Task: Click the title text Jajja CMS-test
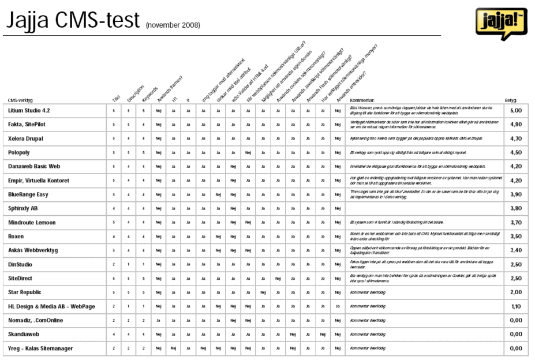(x=73, y=21)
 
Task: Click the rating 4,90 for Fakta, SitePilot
(x=516, y=124)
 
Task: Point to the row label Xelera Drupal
(x=27, y=138)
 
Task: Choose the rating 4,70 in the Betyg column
(x=516, y=138)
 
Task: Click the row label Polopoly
(x=21, y=152)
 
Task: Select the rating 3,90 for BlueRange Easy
(x=516, y=194)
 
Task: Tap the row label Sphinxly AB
(x=24, y=208)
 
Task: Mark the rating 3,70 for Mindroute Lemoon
(x=516, y=223)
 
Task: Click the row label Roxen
(x=16, y=237)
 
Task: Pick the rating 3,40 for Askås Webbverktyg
(x=516, y=250)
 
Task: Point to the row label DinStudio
(x=21, y=264)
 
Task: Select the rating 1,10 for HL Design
(x=516, y=306)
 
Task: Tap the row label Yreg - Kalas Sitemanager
(x=40, y=348)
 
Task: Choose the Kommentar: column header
(x=364, y=100)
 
